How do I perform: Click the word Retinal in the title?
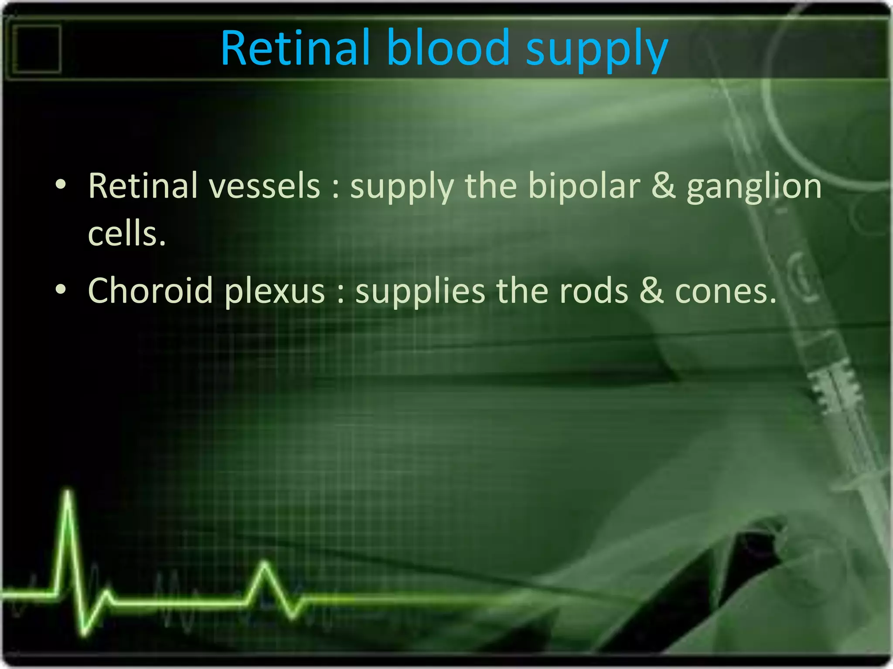(x=295, y=48)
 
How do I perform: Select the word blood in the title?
(x=448, y=48)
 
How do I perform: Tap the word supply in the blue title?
(x=596, y=50)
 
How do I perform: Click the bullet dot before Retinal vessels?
(x=61, y=185)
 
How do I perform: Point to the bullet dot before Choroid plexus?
(x=61, y=290)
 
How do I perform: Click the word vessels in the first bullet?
(x=264, y=186)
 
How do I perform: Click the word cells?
(x=126, y=234)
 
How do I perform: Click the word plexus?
(x=275, y=292)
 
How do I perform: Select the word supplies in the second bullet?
(x=420, y=292)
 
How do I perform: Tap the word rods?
(x=593, y=291)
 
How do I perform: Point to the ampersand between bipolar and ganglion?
(x=663, y=186)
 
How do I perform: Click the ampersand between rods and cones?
(x=651, y=291)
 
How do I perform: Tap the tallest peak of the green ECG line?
(x=68, y=492)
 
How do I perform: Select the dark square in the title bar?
(x=37, y=48)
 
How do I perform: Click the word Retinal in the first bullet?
(x=143, y=186)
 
